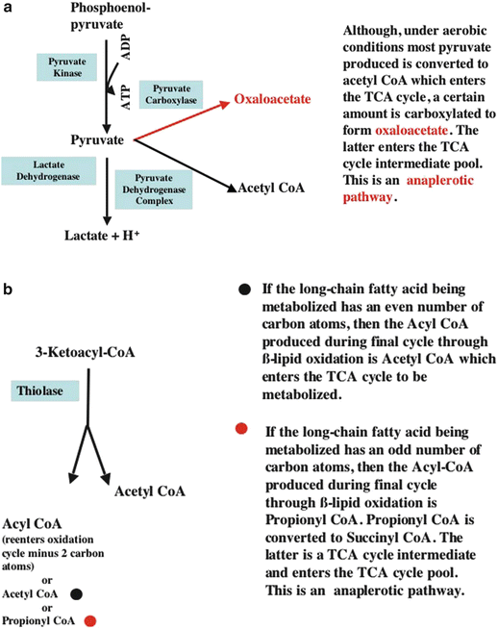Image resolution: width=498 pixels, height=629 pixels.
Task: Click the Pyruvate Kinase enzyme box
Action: click(x=67, y=67)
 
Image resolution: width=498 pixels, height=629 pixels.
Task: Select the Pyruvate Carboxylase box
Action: click(x=171, y=94)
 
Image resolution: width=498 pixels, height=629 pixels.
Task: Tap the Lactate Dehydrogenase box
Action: click(x=48, y=170)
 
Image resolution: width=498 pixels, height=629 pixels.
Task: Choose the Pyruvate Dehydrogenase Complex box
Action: click(x=154, y=189)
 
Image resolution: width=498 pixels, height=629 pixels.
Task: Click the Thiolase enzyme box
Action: click(x=45, y=390)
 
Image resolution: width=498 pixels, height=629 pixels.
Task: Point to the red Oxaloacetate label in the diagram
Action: click(x=272, y=99)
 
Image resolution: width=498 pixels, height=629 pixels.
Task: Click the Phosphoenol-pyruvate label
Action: click(x=110, y=16)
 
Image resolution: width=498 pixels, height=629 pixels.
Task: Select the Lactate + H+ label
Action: click(x=102, y=235)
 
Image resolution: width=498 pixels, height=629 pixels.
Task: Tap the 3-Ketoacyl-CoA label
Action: click(x=85, y=352)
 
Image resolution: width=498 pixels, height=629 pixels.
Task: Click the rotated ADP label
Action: click(x=126, y=47)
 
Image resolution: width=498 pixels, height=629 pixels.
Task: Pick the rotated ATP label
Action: click(x=126, y=97)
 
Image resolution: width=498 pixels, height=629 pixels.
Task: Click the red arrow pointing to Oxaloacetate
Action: click(x=182, y=121)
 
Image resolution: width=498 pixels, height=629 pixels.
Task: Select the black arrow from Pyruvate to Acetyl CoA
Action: click(x=186, y=165)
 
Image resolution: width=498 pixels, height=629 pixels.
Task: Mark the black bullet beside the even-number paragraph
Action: click(x=244, y=289)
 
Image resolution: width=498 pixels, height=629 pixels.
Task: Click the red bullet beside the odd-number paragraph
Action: click(x=241, y=428)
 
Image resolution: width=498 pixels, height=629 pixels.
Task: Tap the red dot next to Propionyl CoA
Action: click(x=90, y=620)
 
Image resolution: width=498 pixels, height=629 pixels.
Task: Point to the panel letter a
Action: click(x=8, y=8)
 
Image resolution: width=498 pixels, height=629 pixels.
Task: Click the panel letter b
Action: click(x=8, y=289)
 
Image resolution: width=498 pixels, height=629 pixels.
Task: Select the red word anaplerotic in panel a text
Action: click(x=440, y=181)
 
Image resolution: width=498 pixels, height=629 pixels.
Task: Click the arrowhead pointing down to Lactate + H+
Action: click(x=107, y=220)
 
